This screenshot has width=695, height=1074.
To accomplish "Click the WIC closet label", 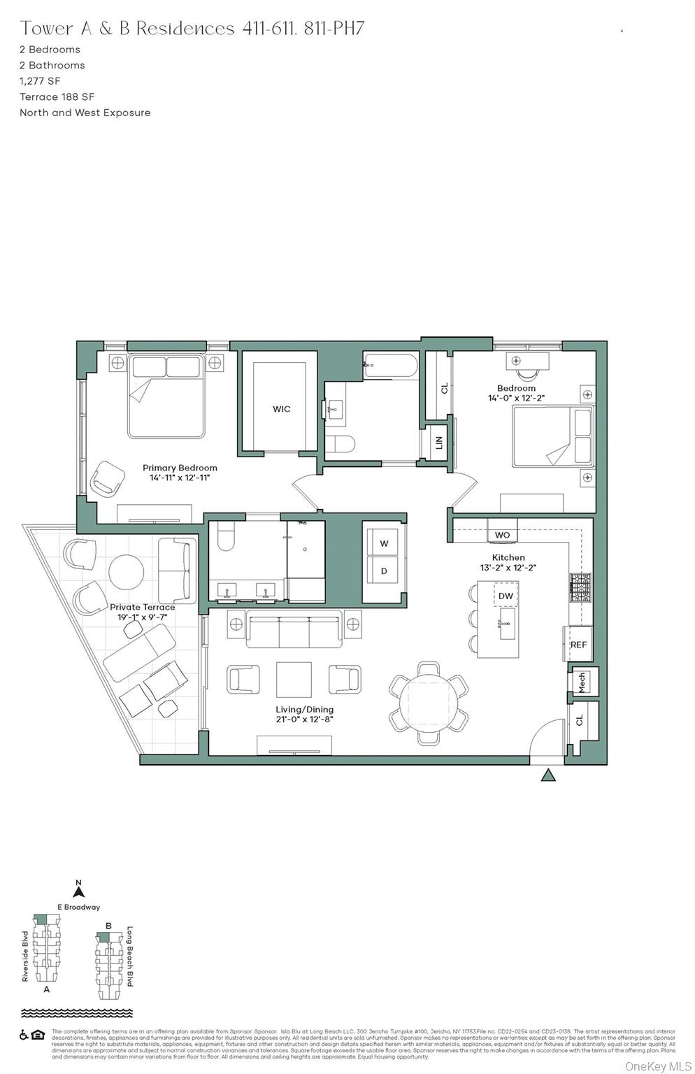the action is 282,409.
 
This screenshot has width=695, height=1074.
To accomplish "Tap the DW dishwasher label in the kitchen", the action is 506,596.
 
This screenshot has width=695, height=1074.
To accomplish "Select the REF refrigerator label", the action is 578,645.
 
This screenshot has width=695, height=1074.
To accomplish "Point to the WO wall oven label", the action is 502,535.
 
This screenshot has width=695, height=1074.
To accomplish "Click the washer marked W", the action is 384,543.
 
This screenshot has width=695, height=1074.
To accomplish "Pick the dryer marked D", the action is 384,571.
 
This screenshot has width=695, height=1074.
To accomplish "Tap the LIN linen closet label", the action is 439,443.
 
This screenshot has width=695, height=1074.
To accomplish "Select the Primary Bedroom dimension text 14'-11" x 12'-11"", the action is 180,478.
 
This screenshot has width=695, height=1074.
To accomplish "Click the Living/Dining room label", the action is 304,710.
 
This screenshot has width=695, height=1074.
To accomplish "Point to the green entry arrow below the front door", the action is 548,775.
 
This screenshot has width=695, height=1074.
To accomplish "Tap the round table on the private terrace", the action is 127,571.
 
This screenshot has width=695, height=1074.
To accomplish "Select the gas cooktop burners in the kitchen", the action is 580,588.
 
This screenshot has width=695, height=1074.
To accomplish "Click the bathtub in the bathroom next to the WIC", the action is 390,365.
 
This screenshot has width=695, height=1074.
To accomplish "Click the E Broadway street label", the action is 78,907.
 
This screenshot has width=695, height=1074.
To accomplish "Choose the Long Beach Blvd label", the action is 129,956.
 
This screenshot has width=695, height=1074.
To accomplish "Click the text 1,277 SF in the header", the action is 40,81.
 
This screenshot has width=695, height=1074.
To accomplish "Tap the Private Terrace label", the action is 142,608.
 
